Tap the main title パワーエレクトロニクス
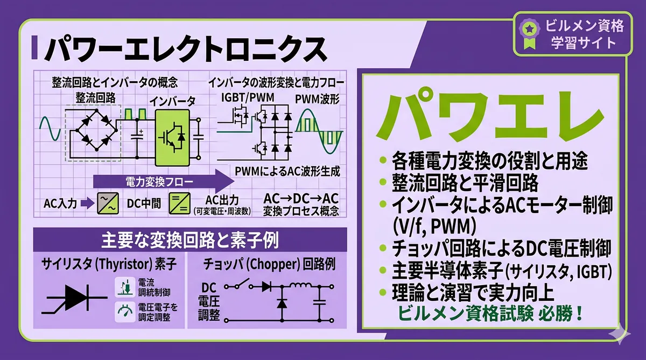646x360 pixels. coord(185,50)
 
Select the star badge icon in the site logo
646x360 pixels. coord(529,27)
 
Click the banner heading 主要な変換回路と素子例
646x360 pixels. coord(190,239)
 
